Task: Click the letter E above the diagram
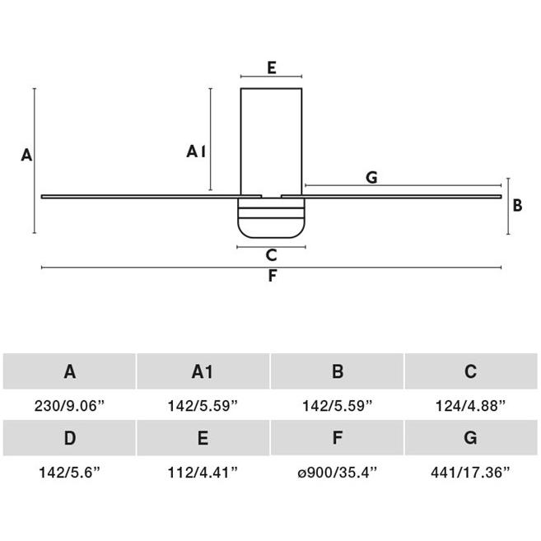click(x=272, y=68)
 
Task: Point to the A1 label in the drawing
click(x=196, y=152)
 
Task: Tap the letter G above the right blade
click(x=371, y=178)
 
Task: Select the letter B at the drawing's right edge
click(x=517, y=205)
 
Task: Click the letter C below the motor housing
click(x=272, y=255)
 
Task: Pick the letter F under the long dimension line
click(x=273, y=276)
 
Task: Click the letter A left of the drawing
click(x=26, y=155)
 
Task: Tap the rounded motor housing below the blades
click(x=271, y=217)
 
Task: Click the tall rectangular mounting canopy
click(x=271, y=142)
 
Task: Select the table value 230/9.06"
click(x=69, y=405)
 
